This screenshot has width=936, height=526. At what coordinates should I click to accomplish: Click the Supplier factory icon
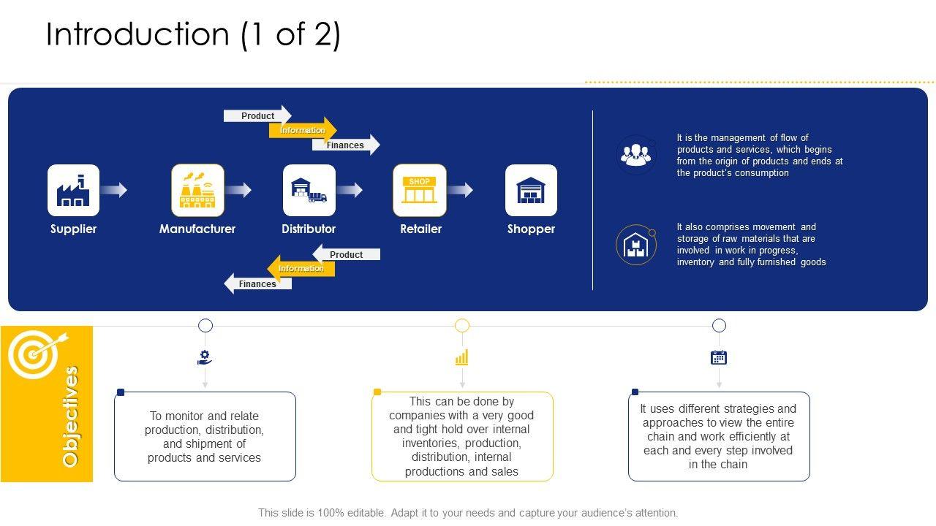click(73, 190)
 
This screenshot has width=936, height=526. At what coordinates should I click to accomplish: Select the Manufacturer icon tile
click(197, 190)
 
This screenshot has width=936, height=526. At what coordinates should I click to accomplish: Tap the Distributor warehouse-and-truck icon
click(309, 190)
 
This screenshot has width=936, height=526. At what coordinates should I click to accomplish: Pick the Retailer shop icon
click(420, 190)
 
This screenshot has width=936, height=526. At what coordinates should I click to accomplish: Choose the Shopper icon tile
click(531, 190)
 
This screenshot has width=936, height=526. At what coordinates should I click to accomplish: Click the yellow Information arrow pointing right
click(302, 130)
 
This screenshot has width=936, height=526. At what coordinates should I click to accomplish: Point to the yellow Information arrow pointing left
click(301, 268)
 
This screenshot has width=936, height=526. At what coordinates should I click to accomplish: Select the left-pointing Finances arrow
click(257, 283)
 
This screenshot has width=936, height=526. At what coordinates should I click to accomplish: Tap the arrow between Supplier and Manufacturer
click(114, 190)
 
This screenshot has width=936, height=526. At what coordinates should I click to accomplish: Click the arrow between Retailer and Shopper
click(460, 190)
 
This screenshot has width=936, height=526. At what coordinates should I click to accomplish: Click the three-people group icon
click(635, 154)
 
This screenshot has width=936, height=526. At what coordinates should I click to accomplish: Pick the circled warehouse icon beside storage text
click(635, 245)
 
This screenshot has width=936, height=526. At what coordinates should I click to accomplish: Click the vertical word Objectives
click(70, 416)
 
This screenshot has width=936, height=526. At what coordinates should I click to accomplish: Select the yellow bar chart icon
click(462, 357)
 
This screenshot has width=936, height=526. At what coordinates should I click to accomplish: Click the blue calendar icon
click(719, 357)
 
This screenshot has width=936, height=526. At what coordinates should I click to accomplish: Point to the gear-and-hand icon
click(205, 357)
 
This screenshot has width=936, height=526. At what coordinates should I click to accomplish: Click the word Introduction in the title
click(137, 34)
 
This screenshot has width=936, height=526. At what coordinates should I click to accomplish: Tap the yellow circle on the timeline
click(462, 325)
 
